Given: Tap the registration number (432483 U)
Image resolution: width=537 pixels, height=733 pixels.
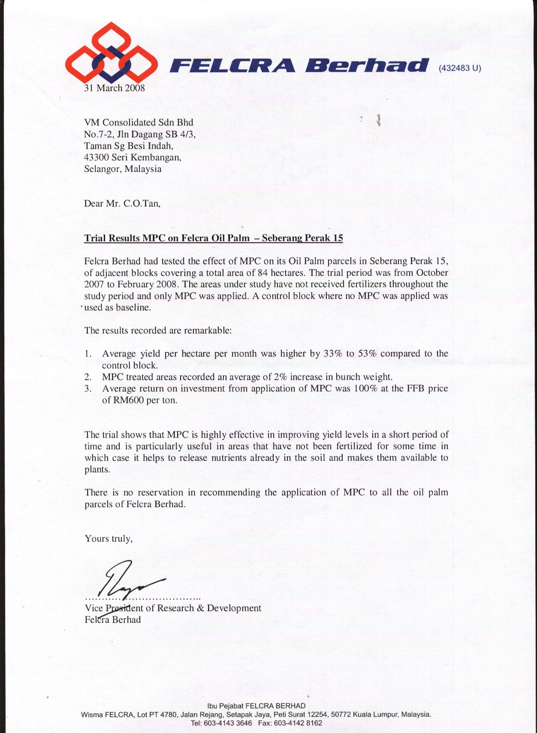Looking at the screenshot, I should click(x=460, y=68).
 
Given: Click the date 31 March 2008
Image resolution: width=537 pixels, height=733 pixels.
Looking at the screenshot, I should click(x=115, y=88).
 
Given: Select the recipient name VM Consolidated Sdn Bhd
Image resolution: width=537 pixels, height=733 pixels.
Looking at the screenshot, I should click(x=139, y=122).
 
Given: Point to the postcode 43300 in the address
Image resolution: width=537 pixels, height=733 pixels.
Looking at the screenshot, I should click(x=97, y=157).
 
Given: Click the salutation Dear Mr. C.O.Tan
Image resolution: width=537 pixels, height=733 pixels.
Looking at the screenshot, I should click(x=122, y=203).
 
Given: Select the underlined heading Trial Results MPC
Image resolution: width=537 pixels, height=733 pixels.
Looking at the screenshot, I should click(x=213, y=238).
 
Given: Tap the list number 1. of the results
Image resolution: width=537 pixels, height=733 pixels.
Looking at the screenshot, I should click(x=88, y=354).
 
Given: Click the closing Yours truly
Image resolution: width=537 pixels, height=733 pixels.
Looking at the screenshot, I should click(x=109, y=539).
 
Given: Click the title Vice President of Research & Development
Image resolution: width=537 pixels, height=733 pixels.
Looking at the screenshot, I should click(x=173, y=608).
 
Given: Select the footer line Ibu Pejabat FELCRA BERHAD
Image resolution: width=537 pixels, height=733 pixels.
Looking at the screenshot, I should click(x=256, y=706).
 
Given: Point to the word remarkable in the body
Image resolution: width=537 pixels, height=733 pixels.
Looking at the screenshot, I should click(x=208, y=331).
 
